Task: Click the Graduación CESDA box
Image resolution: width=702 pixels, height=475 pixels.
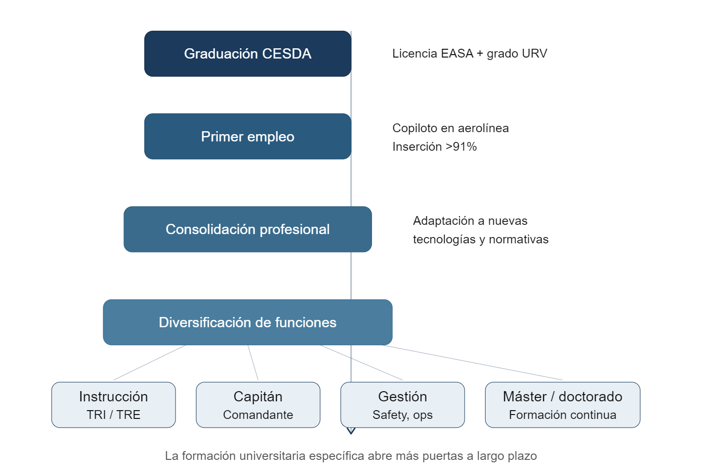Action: point(247,54)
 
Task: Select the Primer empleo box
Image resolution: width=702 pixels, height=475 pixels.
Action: point(247,137)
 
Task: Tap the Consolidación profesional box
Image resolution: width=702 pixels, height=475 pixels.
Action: point(247,229)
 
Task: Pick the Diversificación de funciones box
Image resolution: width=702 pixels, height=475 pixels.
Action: point(247,322)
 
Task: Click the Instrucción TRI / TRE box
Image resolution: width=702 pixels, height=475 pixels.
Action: point(113,405)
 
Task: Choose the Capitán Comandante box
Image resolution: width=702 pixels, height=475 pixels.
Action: point(258,405)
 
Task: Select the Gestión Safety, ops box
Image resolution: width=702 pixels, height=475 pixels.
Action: point(402,405)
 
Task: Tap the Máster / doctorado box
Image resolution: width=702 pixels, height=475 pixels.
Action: point(562,405)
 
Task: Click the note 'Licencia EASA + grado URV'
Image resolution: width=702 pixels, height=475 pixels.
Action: point(469,54)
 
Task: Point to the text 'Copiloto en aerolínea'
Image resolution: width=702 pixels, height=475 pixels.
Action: point(450,128)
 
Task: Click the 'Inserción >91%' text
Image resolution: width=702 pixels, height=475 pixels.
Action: point(434,146)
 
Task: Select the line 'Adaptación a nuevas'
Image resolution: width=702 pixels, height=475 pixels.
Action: point(470,221)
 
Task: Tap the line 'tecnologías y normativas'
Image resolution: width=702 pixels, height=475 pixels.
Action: point(481,239)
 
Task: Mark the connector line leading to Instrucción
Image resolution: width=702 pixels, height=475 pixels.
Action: point(149,363)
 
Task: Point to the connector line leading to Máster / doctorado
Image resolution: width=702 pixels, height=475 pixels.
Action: point(475,363)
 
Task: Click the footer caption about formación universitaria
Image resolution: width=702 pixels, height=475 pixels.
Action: point(351,456)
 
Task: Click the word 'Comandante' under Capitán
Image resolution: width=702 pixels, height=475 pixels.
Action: point(258,415)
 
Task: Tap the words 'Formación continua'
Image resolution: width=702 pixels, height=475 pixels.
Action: point(562,415)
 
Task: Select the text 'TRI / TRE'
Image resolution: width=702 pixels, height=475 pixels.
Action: point(113,415)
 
